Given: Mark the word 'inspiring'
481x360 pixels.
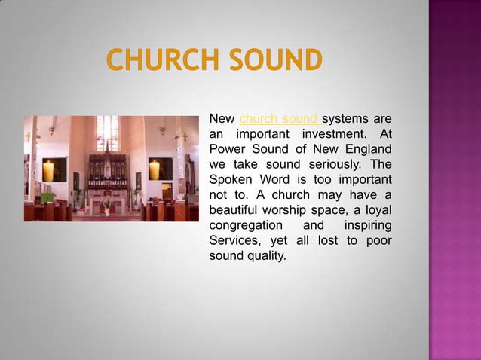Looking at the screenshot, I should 367,226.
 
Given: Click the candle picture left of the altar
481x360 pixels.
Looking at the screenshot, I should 49,169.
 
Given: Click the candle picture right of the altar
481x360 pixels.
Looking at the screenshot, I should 155,169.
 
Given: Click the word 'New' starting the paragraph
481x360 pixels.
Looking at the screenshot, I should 221,119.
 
